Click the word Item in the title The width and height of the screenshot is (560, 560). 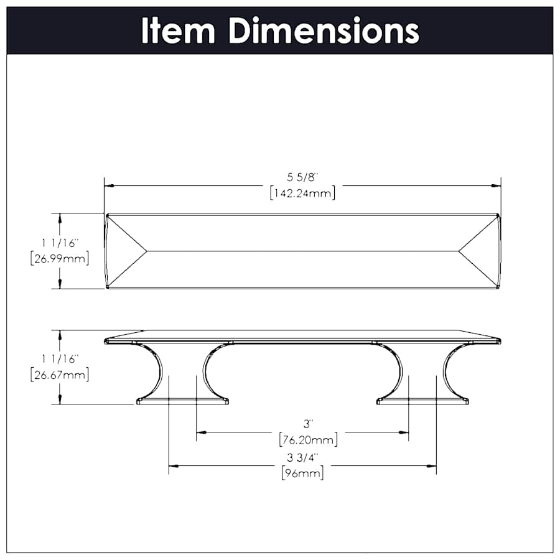(x=178, y=30)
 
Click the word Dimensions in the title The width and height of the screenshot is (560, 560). (x=324, y=30)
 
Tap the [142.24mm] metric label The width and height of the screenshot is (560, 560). (x=303, y=193)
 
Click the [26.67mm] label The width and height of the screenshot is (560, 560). (x=60, y=375)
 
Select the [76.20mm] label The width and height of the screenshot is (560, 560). (x=309, y=440)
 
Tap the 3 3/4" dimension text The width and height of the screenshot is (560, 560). (x=302, y=458)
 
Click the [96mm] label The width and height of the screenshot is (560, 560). (x=302, y=474)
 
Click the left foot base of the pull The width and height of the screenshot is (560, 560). (x=182, y=401)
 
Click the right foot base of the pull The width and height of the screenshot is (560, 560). (x=422, y=401)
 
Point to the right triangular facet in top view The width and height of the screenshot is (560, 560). (x=479, y=251)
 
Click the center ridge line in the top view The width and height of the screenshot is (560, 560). (x=303, y=251)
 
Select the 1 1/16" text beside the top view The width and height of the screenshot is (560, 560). (x=60, y=244)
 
